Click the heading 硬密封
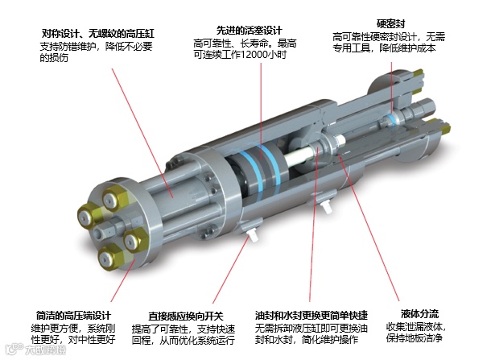[390, 23]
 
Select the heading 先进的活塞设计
[249, 31]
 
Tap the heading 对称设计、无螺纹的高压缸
[98, 33]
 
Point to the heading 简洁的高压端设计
[73, 315]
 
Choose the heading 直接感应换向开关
[186, 316]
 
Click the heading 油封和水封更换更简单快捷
[311, 315]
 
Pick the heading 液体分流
[420, 314]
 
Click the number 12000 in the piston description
[254, 55]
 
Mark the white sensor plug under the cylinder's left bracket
[254, 235]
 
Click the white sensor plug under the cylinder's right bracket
[327, 207]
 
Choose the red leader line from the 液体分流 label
[369, 227]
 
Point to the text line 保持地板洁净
[415, 337]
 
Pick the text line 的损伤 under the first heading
[54, 58]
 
